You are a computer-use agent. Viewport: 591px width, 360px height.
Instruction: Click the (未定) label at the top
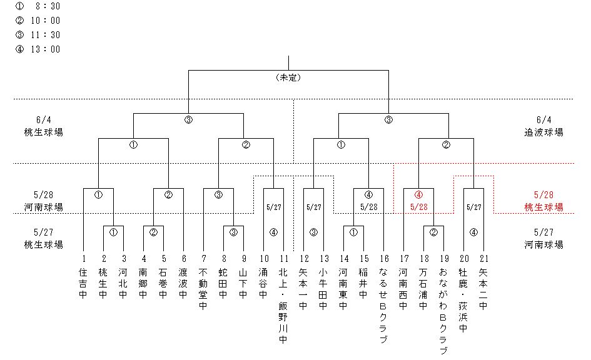[x=289, y=77]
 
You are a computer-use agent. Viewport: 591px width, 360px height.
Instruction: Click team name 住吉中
[x=84, y=283]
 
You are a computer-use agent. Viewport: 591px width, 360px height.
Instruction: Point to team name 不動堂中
[x=203, y=289]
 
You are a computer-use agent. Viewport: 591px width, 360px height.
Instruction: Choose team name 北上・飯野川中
[x=283, y=306]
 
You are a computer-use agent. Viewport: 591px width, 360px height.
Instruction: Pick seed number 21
[x=483, y=257]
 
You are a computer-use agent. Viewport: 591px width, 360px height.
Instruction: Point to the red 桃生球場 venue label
[x=544, y=207]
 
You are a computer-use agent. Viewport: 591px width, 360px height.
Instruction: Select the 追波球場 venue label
[x=544, y=132]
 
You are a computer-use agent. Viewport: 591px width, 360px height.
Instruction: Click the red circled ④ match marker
[x=418, y=194]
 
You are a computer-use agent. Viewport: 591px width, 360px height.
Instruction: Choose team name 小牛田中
[x=323, y=289]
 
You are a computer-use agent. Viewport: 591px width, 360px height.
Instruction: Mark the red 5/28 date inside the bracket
[x=418, y=206]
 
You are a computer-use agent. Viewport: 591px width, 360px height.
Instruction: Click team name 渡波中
[x=183, y=283]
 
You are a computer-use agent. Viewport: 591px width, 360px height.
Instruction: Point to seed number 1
[x=84, y=257]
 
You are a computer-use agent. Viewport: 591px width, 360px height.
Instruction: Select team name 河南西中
[x=403, y=289]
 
